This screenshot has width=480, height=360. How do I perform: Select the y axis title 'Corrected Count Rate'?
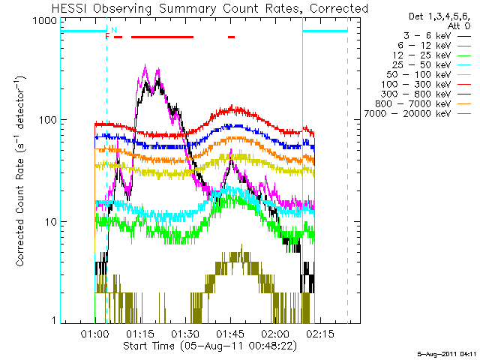pyautogui.click(x=22, y=171)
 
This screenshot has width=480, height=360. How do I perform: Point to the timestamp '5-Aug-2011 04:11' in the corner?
pyautogui.click(x=447, y=352)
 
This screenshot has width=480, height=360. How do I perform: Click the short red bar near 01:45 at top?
pyautogui.click(x=232, y=36)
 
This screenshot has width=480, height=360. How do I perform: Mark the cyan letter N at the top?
pyautogui.click(x=114, y=30)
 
